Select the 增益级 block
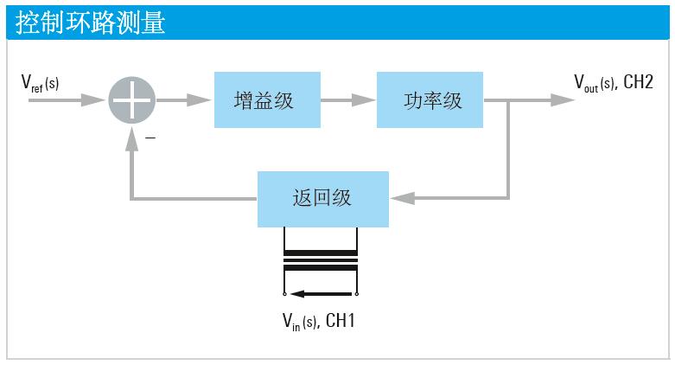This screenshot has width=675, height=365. [264, 100]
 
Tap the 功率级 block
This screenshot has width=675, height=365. [430, 100]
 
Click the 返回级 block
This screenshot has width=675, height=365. [323, 199]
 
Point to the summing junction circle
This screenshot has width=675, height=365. [132, 100]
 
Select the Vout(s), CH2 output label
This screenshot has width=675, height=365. [613, 83]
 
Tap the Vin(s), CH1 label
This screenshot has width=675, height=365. [319, 321]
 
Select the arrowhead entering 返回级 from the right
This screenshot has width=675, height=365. [400, 199]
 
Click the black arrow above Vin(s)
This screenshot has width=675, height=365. [320, 292]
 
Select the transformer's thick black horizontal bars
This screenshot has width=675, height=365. [320, 259]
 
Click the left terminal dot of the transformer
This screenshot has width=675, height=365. [283, 292]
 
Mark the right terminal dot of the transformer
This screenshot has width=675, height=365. [357, 292]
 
